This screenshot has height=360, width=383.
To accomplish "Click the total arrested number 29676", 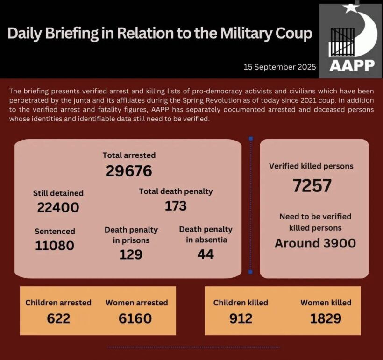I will point(129,171).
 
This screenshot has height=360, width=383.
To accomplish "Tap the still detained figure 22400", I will point(58,207).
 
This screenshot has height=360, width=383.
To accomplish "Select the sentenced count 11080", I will point(54,245).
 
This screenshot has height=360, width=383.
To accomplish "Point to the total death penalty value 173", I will point(176,206).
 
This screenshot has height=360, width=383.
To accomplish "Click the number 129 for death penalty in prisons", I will point(130,254).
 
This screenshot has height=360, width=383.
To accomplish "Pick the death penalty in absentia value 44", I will point(206,254).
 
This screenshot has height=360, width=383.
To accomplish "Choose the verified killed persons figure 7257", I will point(312,186).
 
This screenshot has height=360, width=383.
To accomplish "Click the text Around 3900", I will point(315,243).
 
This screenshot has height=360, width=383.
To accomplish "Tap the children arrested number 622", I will point(58,318).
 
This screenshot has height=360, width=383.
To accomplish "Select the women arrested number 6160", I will point(135,318).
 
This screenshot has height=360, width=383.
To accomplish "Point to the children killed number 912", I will point(241,318).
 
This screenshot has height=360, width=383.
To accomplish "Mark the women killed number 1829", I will point(326,318).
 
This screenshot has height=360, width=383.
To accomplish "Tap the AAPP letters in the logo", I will point(352,65).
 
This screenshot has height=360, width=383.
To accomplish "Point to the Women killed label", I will point(326,303).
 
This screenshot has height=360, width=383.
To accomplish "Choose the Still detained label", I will point(58,193).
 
